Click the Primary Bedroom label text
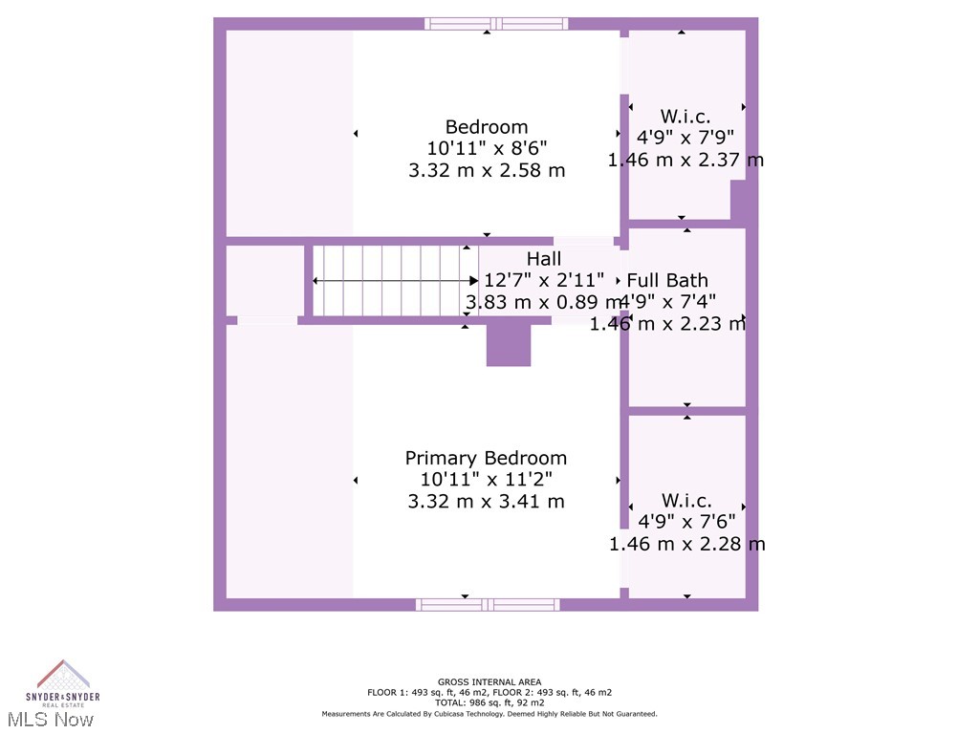pos(486,459)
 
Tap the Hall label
pos(544,259)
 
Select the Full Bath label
pos(667,280)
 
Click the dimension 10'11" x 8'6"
pos(486,148)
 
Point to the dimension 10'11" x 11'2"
pos(486,480)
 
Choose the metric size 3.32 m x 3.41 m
pos(486,501)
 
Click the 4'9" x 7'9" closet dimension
pos(685,138)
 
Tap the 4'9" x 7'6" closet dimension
pos(685,522)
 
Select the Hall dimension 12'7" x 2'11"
pos(544,280)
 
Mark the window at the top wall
pos(496,24)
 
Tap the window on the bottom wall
pos(488,604)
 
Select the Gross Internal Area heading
pos(489,682)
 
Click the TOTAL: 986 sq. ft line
pos(489,702)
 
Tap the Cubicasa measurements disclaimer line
pos(489,714)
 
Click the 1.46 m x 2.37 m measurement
pos(685,160)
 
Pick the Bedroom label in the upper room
pos(486,127)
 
